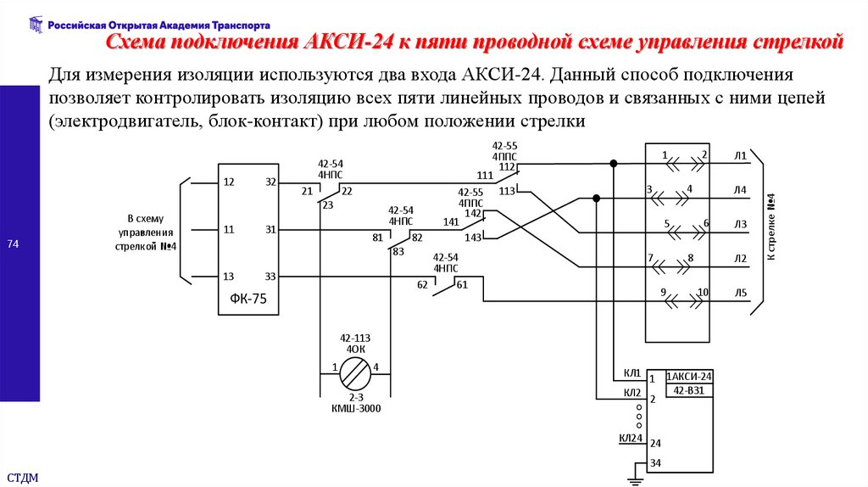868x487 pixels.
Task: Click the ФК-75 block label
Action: (x=248, y=299)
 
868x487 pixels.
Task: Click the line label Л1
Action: (x=740, y=156)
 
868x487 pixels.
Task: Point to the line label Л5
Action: (x=740, y=294)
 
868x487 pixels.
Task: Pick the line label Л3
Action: (x=740, y=224)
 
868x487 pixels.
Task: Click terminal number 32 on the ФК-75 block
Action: (x=270, y=182)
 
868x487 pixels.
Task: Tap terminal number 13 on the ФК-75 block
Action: (x=228, y=277)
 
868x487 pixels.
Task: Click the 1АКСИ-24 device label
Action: (x=689, y=377)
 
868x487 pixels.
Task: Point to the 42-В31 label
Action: (x=689, y=390)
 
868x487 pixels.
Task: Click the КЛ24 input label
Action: (x=630, y=438)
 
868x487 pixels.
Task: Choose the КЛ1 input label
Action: (x=632, y=373)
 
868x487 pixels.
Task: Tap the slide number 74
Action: (x=13, y=245)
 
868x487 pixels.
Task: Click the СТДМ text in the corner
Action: (x=23, y=475)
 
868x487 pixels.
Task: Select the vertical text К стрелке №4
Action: (x=772, y=228)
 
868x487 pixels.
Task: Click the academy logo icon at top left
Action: (x=35, y=24)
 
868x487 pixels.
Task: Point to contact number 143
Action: (x=472, y=238)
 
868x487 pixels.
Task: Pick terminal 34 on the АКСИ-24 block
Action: (x=655, y=463)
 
